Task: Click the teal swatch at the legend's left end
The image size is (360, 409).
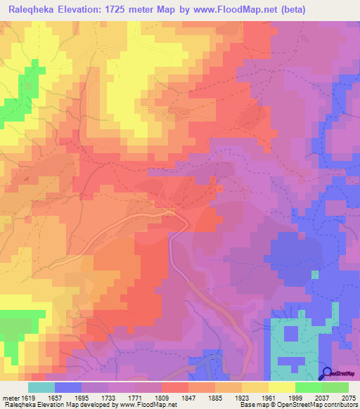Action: [41, 387]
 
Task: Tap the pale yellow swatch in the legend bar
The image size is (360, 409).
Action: [282, 387]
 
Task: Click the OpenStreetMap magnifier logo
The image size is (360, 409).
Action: [326, 373]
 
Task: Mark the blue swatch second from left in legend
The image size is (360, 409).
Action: [68, 387]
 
